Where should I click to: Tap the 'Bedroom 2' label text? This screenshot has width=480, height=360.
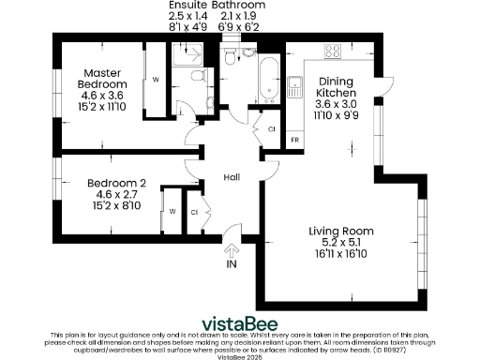116,183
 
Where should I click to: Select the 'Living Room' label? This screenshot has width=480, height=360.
341,231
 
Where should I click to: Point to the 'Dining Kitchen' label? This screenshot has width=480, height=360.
335,87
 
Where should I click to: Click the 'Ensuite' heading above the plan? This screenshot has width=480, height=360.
185,6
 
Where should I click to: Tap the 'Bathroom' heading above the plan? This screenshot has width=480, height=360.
238,6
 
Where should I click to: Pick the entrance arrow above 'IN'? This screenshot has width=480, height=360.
232,249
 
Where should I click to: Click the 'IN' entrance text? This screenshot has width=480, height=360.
232,265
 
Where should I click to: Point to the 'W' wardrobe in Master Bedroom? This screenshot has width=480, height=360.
155,79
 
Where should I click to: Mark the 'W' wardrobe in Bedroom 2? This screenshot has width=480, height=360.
172,211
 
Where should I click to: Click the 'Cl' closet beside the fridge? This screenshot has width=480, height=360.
271,128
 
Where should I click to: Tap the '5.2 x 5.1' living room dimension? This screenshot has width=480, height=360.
341,242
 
